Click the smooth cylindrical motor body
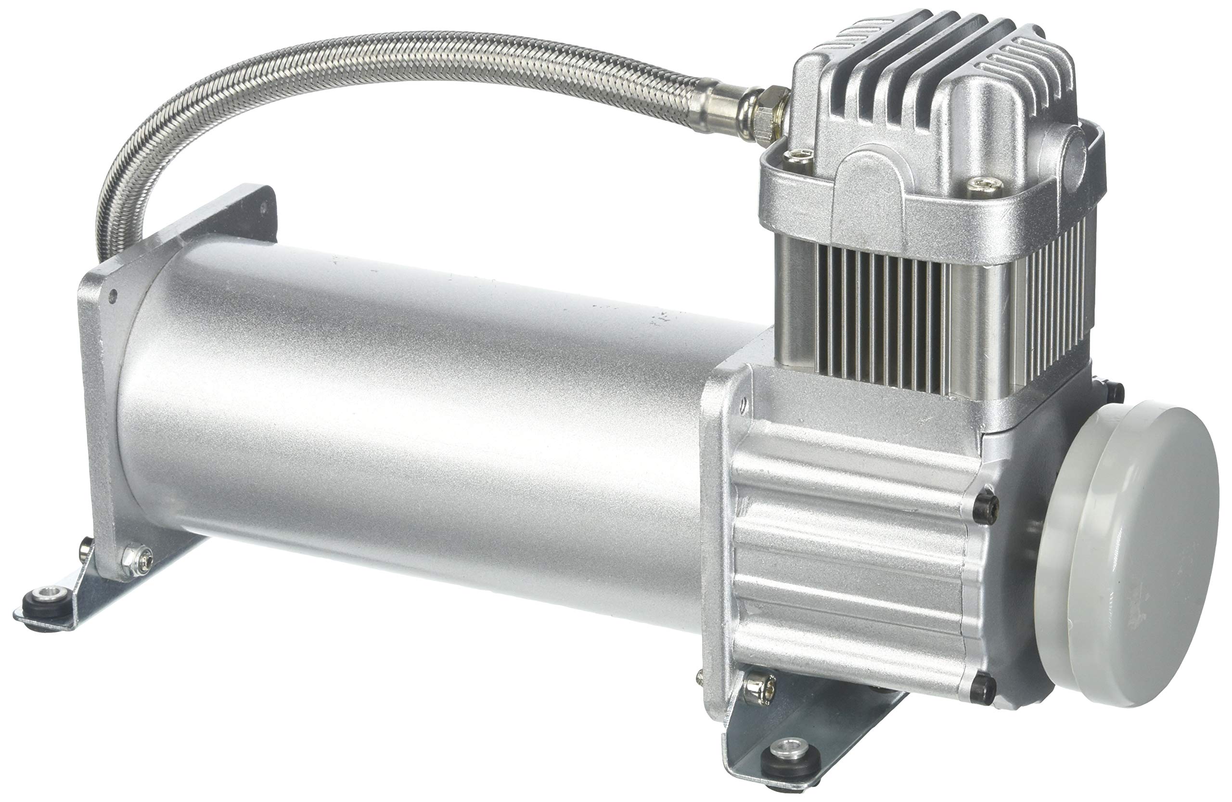pyautogui.click(x=414, y=414)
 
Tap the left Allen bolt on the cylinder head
pyautogui.click(x=797, y=156)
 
